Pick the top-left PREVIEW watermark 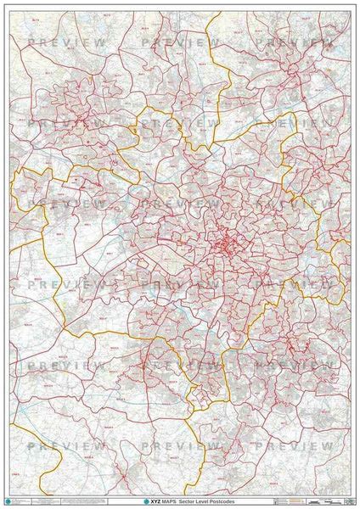pyautogui.click(x=67, y=42)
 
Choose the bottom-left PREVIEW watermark pyautogui.click(x=67, y=445)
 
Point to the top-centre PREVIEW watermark pyautogui.click(x=181, y=42)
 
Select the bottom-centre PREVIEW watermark pyautogui.click(x=181, y=445)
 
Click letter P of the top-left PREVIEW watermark pyautogui.click(x=31, y=42)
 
